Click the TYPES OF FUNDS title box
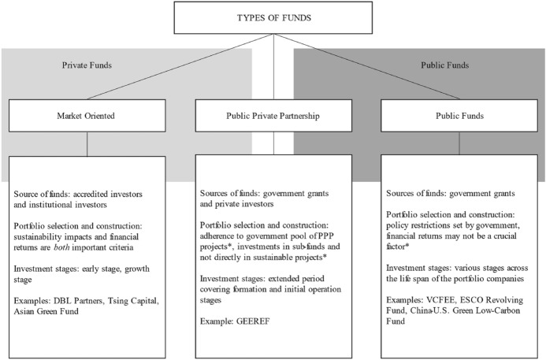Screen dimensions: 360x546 pyautogui.click(x=273, y=17)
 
